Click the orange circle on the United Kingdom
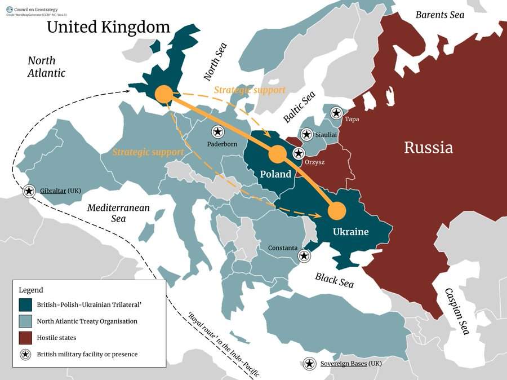click(163, 94)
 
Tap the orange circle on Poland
click(277, 154)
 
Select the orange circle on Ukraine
click(336, 210)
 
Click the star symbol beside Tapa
click(336, 113)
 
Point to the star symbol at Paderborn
click(217, 132)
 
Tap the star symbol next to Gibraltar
click(29, 191)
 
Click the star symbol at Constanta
click(304, 256)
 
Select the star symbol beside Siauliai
click(306, 134)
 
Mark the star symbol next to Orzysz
click(298, 153)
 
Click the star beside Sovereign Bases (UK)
click(309, 364)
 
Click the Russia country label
click(428, 148)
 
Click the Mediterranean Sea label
click(118, 213)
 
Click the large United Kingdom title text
click(108, 27)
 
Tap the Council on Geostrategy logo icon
click(10, 8)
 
